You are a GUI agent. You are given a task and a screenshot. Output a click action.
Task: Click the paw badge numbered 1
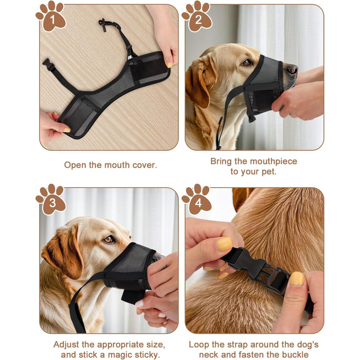tap(51, 16)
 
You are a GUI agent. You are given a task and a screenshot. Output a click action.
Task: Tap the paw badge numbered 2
tap(197, 16)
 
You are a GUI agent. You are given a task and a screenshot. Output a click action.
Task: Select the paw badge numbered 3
tap(51, 200)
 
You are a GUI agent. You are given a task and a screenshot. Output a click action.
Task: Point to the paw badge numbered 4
tap(197, 200)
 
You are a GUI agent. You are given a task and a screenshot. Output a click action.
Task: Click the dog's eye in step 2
tap(247, 62)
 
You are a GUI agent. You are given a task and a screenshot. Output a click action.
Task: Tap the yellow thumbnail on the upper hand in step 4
tap(225, 244)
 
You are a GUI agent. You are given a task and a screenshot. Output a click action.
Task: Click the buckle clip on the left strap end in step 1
tap(49, 64)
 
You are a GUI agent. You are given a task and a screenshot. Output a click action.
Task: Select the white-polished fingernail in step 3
tap(140, 304)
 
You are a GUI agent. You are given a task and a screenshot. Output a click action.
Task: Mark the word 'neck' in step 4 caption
tap(208, 354)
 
